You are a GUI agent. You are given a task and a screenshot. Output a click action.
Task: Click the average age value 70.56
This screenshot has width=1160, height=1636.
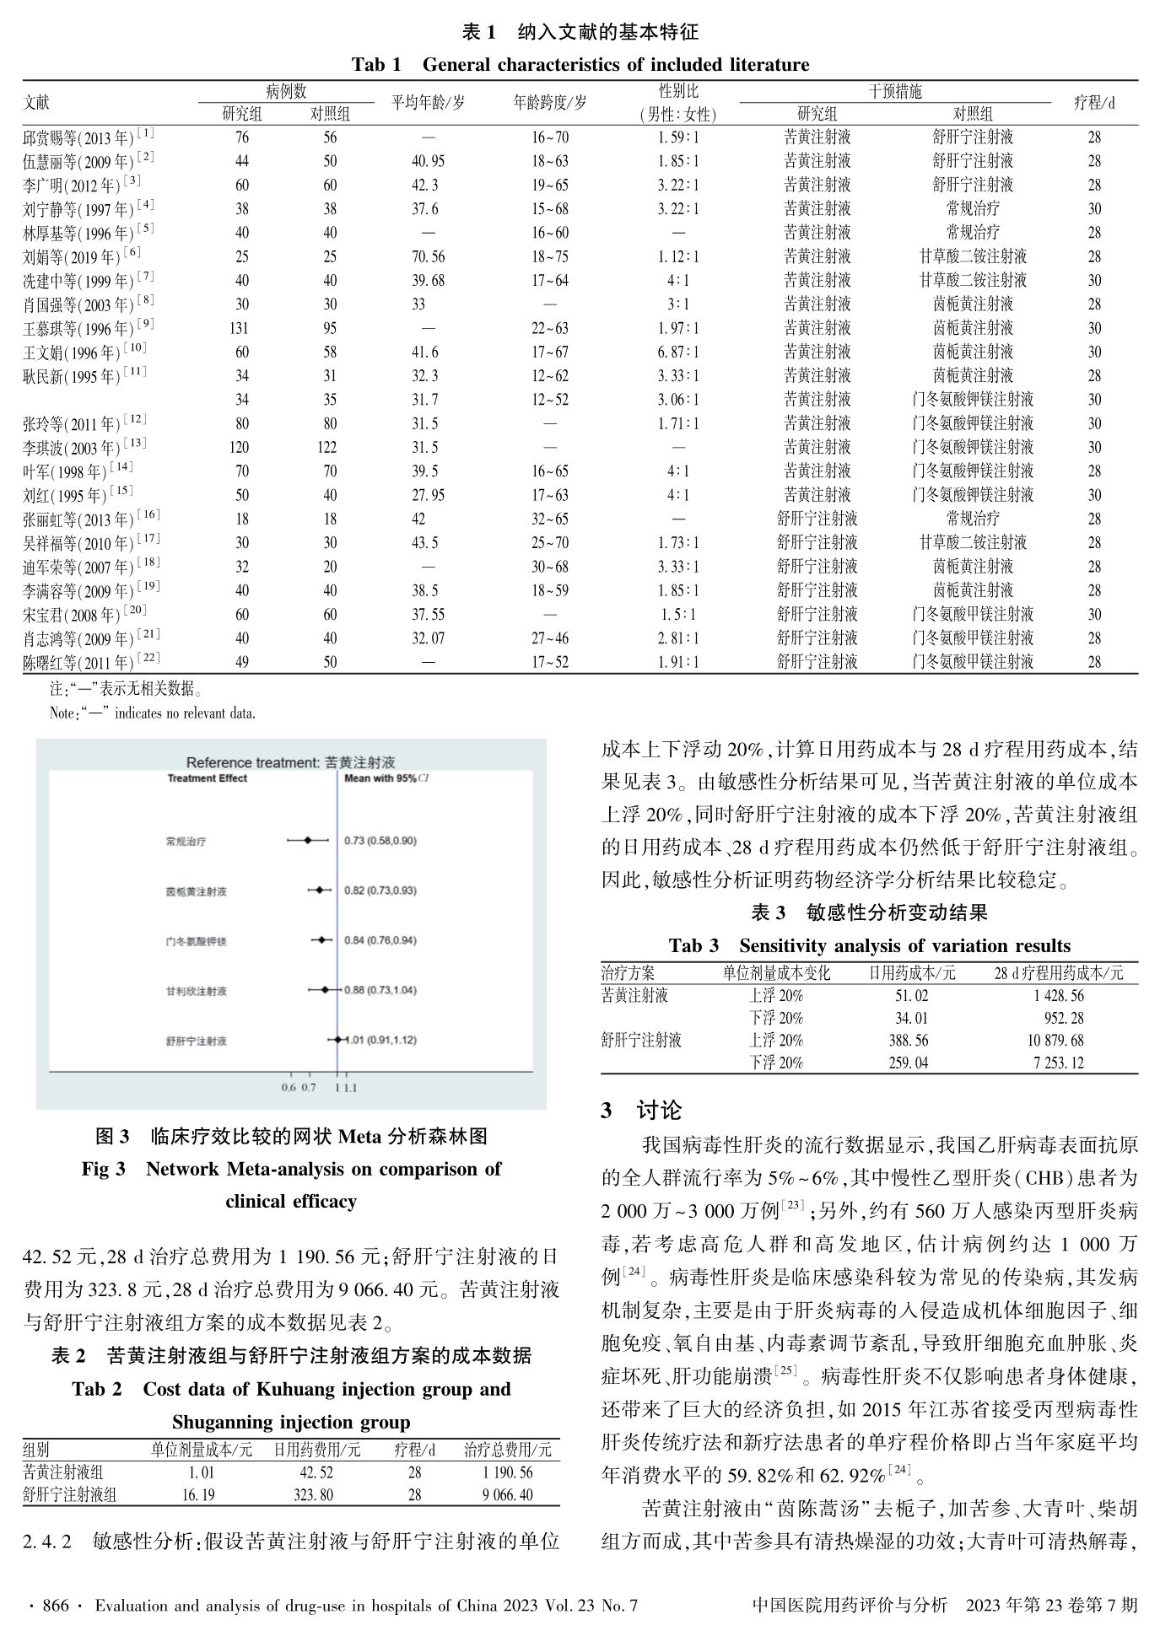click(x=428, y=256)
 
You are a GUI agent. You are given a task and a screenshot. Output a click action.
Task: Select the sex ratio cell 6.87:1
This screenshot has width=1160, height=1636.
click(x=678, y=352)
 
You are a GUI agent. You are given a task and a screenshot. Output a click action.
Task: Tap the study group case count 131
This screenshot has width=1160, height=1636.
click(x=241, y=328)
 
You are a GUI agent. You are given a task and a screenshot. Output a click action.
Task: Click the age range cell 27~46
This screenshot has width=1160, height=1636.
click(x=549, y=638)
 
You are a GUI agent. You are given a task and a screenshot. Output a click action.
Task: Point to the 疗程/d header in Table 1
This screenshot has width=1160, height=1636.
click(x=1093, y=103)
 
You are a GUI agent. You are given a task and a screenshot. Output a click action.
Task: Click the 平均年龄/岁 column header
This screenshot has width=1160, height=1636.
click(x=428, y=103)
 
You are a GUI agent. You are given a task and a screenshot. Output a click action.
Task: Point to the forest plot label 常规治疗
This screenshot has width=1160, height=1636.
click(x=186, y=841)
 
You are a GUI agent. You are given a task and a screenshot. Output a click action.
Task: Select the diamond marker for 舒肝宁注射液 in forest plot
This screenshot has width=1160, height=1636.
click(x=337, y=1040)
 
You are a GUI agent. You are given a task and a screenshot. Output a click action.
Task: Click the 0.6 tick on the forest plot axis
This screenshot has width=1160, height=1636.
click(x=289, y=1088)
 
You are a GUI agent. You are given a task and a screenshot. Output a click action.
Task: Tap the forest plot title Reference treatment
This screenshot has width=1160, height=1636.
click(x=291, y=762)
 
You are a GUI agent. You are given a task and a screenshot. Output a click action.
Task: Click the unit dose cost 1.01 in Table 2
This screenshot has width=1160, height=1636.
click(x=201, y=1472)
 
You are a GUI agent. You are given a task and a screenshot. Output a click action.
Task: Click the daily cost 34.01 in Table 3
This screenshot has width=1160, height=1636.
click(x=911, y=1018)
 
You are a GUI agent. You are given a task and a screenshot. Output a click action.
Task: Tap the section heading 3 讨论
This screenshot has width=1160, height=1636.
click(x=641, y=1111)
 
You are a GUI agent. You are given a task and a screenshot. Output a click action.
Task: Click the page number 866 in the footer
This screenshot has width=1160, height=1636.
click(x=56, y=1606)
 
